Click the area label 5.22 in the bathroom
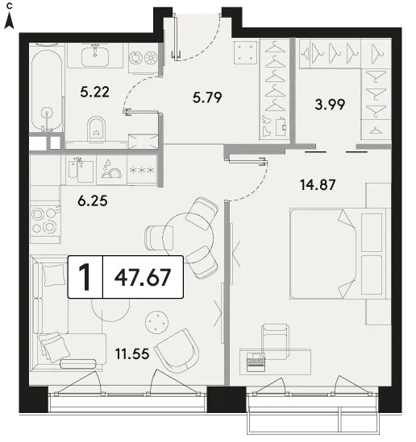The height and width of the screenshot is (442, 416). click(x=94, y=92)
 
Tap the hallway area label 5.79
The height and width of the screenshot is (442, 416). click(x=207, y=97)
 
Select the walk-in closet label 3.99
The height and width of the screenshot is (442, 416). click(x=330, y=105)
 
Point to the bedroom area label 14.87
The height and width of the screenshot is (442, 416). click(x=318, y=185)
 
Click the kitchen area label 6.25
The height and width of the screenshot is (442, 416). click(x=93, y=201)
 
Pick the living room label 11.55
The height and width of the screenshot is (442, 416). click(x=132, y=353)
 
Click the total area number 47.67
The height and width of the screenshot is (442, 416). click(x=143, y=277)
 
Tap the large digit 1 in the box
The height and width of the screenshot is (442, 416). click(x=85, y=277)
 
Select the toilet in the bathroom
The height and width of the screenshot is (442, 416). click(x=96, y=129)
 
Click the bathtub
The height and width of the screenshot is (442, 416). click(x=47, y=90)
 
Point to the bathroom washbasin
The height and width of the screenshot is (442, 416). click(x=95, y=56)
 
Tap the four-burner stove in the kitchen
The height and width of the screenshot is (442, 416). click(x=45, y=221)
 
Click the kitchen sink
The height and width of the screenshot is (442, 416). click(x=81, y=170)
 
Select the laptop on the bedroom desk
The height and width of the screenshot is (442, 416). click(x=256, y=361)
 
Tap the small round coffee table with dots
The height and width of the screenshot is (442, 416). click(x=157, y=321)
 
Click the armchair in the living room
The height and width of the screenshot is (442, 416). click(x=177, y=351)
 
